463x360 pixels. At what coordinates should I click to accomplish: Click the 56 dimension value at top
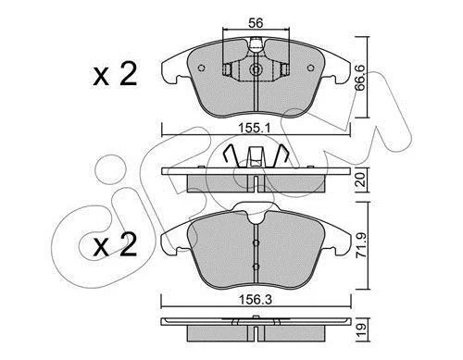pos(256,23)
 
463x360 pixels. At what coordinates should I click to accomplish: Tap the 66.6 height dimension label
pos(360,78)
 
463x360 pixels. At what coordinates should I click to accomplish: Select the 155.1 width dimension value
pos(256,128)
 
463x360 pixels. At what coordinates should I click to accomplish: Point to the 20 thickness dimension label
pos(360,180)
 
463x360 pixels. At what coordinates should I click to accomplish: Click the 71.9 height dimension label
pos(361,245)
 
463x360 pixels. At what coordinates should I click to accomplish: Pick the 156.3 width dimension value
pos(257,300)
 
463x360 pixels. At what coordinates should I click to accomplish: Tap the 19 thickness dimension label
pos(361,330)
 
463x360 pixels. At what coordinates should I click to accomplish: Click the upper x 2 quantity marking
pos(115,74)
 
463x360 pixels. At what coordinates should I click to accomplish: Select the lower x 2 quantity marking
pos(115,244)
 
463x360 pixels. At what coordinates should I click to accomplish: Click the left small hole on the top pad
pos(202,68)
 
